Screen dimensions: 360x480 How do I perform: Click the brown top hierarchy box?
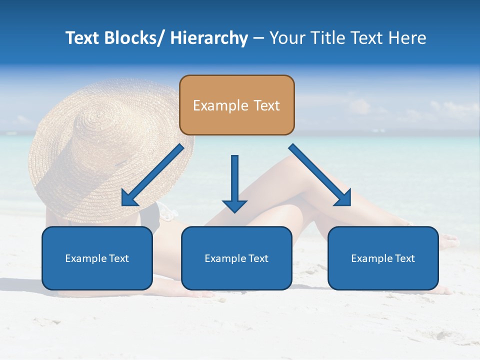click(236, 105)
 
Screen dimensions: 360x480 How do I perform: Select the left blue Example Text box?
click(97, 258)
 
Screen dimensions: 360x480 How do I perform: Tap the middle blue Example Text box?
click(236, 258)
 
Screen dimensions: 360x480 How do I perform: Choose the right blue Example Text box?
click(383, 258)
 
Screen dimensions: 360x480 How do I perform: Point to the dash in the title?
click(258, 38)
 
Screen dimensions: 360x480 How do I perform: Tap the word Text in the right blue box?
click(405, 258)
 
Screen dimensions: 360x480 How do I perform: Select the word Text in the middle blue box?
click(258, 258)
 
